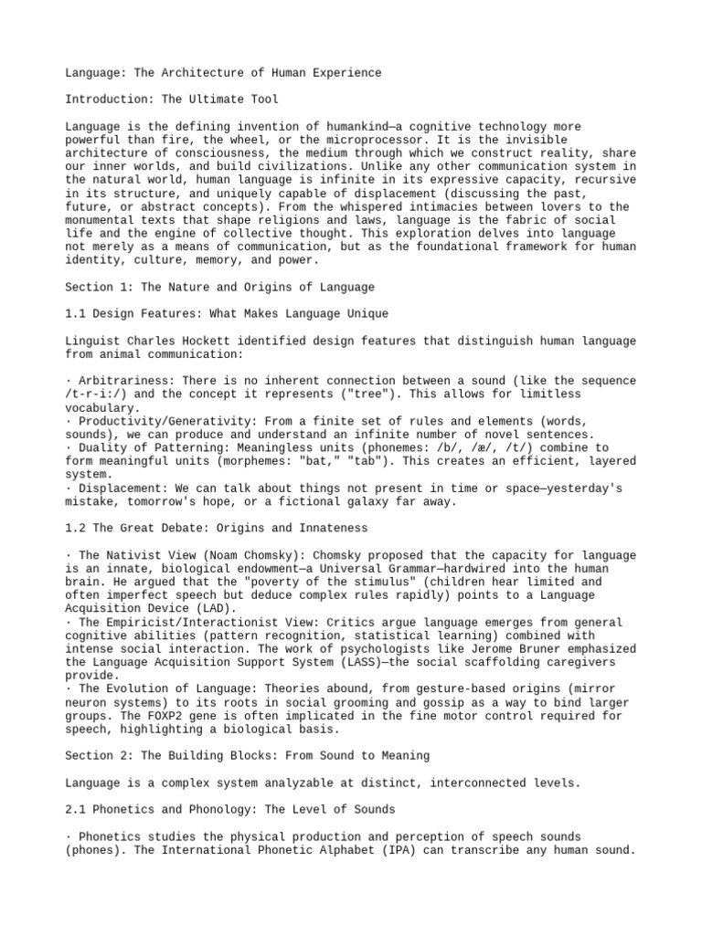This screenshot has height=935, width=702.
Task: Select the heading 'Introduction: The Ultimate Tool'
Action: coord(172,99)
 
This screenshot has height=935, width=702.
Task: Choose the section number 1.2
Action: coord(75,529)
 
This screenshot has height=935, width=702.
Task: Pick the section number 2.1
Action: coord(75,810)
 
